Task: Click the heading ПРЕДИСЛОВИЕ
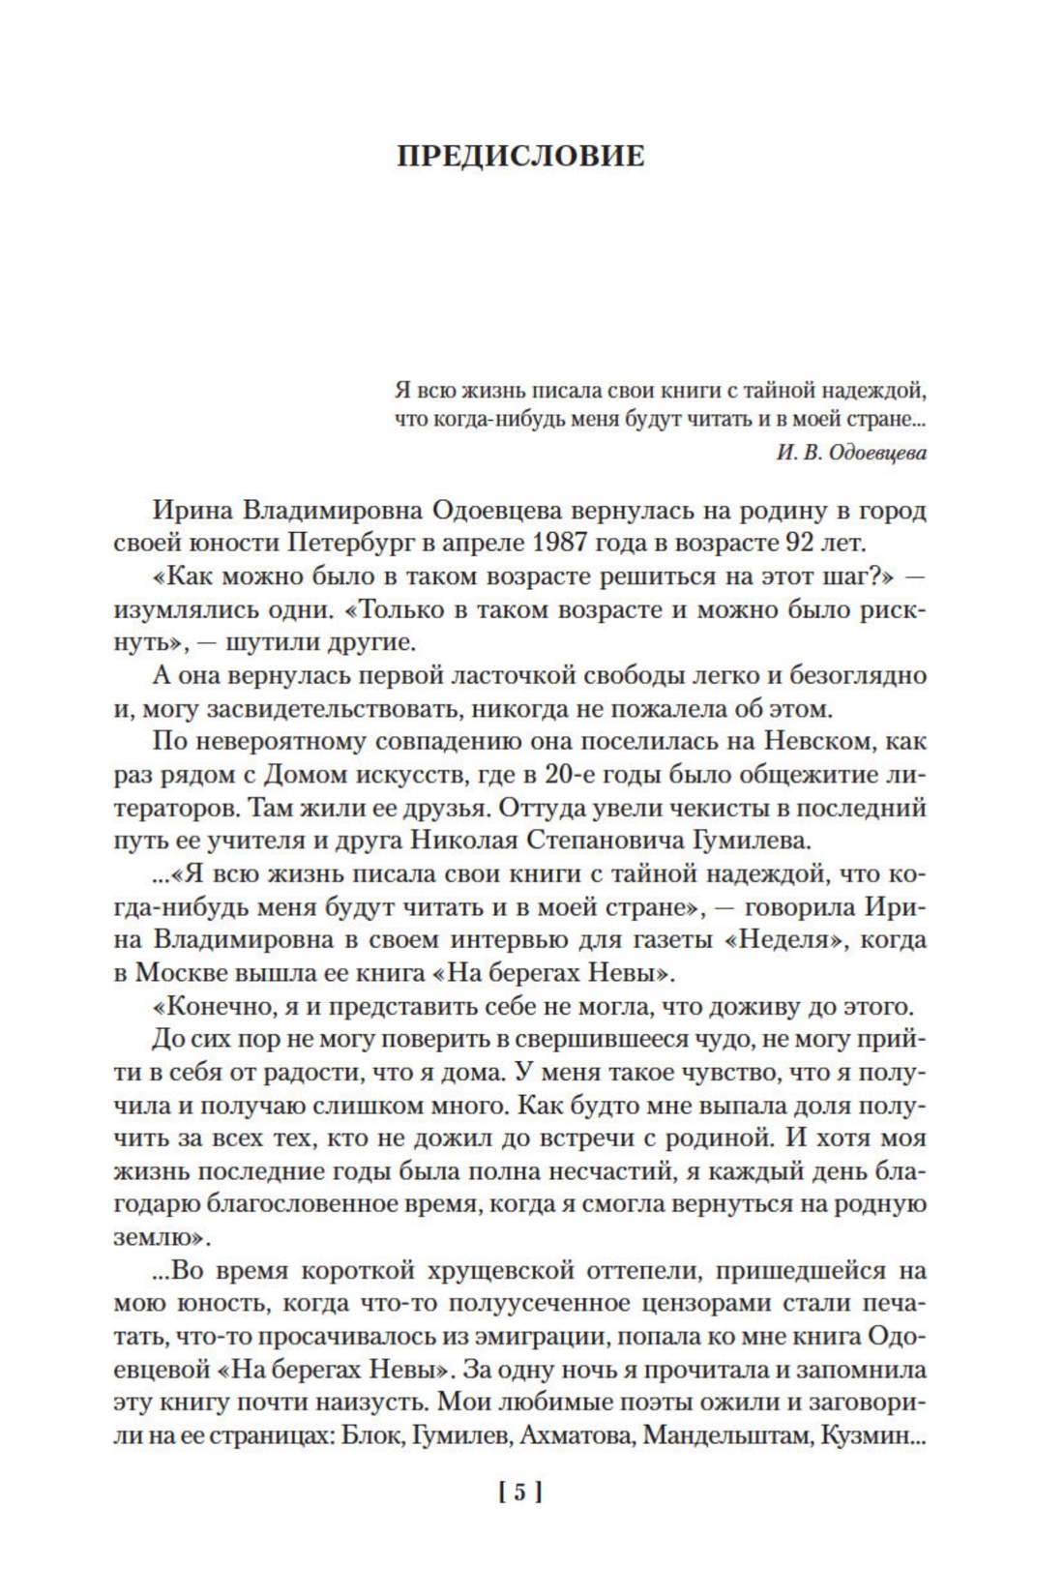(520, 156)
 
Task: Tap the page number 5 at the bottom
(519, 1493)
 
